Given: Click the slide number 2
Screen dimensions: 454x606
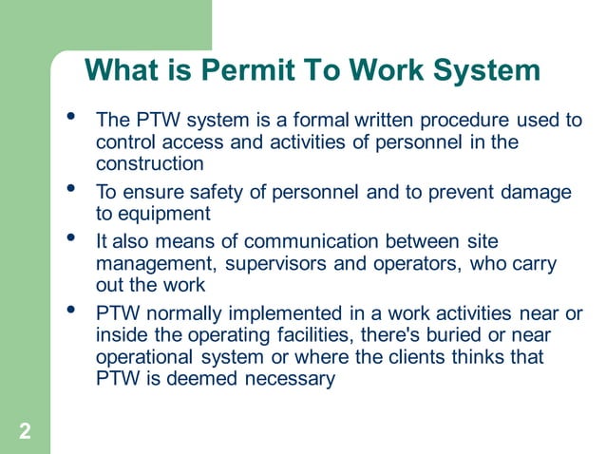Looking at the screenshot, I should point(25,433).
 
